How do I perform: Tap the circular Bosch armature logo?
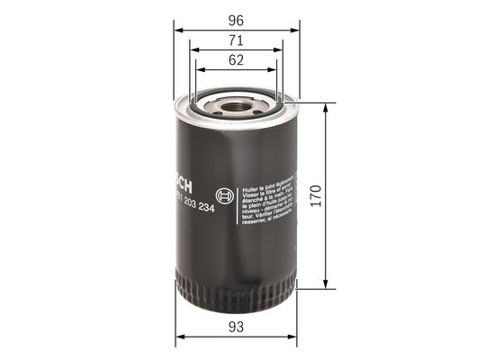(x=225, y=194)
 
